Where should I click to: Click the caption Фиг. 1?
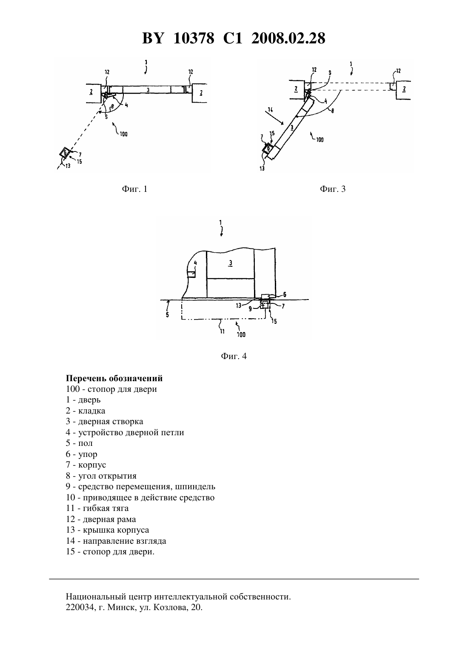click(x=134, y=189)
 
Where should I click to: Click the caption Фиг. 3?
click(x=332, y=189)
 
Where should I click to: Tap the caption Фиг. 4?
click(x=234, y=356)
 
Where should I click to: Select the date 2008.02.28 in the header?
click(x=288, y=38)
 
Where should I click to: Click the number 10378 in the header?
click(x=194, y=38)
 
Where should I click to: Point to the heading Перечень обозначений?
click(x=114, y=378)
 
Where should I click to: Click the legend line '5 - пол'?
click(x=79, y=443)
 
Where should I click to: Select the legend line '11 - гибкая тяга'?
click(x=97, y=508)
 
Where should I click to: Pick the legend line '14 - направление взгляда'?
click(x=116, y=541)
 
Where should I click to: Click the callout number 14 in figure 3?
click(x=270, y=110)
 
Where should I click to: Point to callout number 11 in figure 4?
click(x=222, y=331)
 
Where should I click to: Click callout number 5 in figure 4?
click(x=167, y=315)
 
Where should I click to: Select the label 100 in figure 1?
click(x=123, y=134)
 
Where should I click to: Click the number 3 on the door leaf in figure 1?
click(x=148, y=89)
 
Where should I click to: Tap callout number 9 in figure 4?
click(x=250, y=309)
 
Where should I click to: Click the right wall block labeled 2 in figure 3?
click(x=403, y=89)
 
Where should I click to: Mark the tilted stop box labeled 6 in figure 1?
click(x=64, y=153)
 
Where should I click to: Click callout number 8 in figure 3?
click(x=332, y=111)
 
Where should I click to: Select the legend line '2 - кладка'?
click(x=86, y=411)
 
